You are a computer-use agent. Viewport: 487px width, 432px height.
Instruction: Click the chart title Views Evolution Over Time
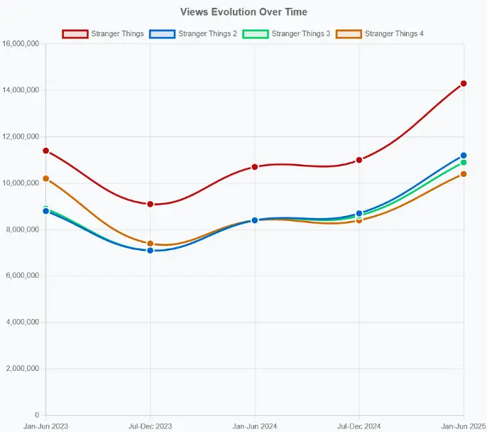click(x=243, y=12)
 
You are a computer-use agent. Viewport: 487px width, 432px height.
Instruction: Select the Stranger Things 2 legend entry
click(x=207, y=33)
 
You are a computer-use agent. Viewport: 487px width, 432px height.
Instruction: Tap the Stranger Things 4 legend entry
click(x=394, y=33)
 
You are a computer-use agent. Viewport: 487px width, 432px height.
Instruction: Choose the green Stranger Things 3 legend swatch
click(x=255, y=33)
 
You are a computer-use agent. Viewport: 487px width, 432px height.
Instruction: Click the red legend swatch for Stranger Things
click(x=75, y=33)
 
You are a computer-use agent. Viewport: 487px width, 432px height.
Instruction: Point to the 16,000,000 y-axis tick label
click(x=21, y=44)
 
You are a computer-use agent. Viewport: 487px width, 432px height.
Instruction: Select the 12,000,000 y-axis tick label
click(x=21, y=136)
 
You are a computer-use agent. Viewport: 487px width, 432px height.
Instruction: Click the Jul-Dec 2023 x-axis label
click(x=150, y=426)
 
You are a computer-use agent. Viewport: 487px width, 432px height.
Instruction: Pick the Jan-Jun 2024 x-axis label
click(x=254, y=426)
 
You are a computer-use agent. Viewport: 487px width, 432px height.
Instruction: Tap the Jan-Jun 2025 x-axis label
click(x=463, y=426)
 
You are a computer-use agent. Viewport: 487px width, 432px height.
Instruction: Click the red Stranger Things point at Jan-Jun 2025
click(x=464, y=84)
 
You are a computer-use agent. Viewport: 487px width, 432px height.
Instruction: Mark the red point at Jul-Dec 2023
click(x=150, y=204)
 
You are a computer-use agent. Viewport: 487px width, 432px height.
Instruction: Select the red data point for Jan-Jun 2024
click(x=254, y=167)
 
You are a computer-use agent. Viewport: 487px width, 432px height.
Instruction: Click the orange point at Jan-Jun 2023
click(x=45, y=178)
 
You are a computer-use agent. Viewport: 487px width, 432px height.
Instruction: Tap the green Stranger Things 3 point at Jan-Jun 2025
click(x=464, y=163)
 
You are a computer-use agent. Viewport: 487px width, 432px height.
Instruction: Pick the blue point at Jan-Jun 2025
click(x=464, y=156)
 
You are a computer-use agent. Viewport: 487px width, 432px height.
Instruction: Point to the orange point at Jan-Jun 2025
click(x=464, y=174)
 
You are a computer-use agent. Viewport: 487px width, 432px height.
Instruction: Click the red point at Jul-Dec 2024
click(x=359, y=160)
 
